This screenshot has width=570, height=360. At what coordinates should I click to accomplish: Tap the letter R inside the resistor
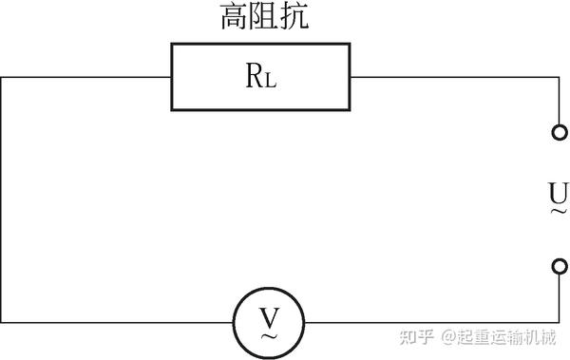click(x=255, y=78)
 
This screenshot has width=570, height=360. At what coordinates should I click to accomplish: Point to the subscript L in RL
click(x=271, y=81)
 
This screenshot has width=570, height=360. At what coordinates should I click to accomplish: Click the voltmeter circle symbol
click(x=270, y=321)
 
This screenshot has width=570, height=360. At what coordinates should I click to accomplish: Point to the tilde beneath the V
click(x=270, y=334)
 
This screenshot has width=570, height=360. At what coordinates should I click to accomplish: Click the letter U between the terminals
click(x=558, y=195)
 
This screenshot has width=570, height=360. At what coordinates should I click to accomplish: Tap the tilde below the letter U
click(x=558, y=212)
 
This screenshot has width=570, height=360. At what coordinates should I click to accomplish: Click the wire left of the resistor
click(x=85, y=77)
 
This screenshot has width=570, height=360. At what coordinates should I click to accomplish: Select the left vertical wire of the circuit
click(x=1, y=199)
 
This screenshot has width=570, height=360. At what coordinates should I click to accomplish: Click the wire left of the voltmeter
click(x=114, y=321)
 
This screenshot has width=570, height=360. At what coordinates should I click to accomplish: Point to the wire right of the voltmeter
click(x=427, y=321)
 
